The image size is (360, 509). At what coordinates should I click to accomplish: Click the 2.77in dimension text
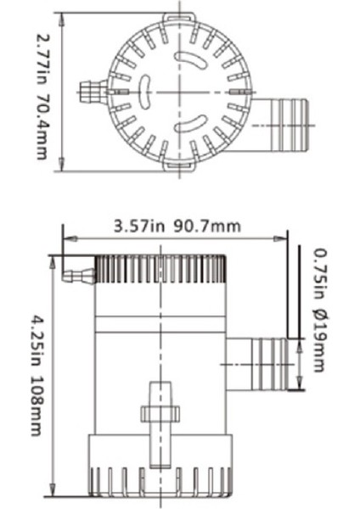coord(40,52)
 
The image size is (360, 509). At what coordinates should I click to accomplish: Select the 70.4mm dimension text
coord(40,127)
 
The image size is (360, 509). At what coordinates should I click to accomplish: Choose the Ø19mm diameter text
coord(318,341)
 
